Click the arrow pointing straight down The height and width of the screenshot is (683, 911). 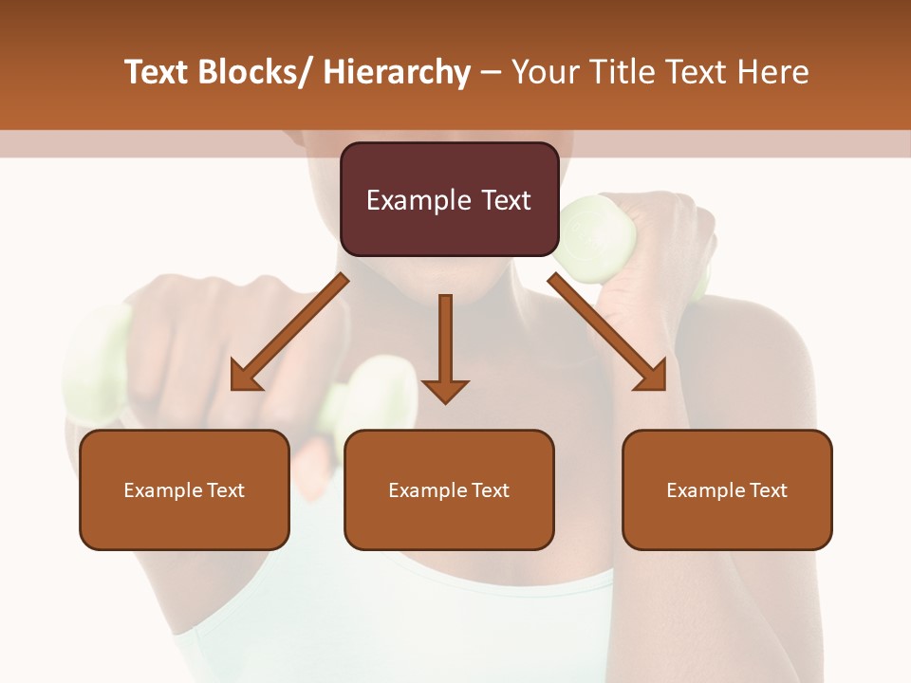coord(445,351)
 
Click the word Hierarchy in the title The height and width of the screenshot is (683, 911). coord(397,73)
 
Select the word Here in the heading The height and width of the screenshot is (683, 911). coord(774,73)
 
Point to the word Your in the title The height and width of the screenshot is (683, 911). coord(548,73)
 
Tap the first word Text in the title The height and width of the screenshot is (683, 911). coord(158,73)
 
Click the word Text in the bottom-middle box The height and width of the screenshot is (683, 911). coord(489,490)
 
